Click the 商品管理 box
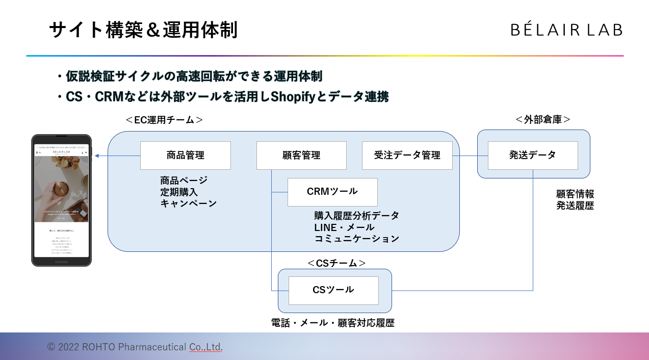(186, 156)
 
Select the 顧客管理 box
(301, 156)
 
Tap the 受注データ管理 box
(407, 156)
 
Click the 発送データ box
(533, 156)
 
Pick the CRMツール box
(332, 192)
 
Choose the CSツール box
(333, 290)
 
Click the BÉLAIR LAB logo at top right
(566, 30)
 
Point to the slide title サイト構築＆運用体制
(143, 30)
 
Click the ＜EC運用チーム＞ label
(164, 120)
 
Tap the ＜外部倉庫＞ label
(542, 119)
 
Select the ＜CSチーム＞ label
(336, 263)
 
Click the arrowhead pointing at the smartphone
(97, 156)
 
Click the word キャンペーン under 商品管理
(189, 203)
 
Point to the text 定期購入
(179, 192)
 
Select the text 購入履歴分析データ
(356, 216)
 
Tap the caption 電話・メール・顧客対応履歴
(332, 323)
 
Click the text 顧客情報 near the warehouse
(575, 194)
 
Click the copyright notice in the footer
(135, 347)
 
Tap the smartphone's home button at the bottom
(61, 262)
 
